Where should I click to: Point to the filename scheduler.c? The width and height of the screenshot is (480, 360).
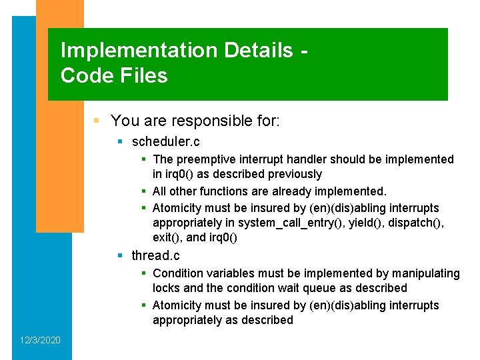tap(166, 141)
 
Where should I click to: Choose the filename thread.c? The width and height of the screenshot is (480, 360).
tap(155, 255)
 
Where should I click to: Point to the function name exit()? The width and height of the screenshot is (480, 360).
tap(167, 238)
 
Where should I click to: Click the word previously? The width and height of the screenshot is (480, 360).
tap(295, 174)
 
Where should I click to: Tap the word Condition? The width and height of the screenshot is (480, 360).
tap(178, 273)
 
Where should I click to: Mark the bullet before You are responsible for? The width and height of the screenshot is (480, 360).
tap(97, 121)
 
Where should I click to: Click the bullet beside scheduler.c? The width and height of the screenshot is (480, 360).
tap(121, 141)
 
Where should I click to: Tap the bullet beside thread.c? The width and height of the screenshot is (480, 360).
tap(121, 255)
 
